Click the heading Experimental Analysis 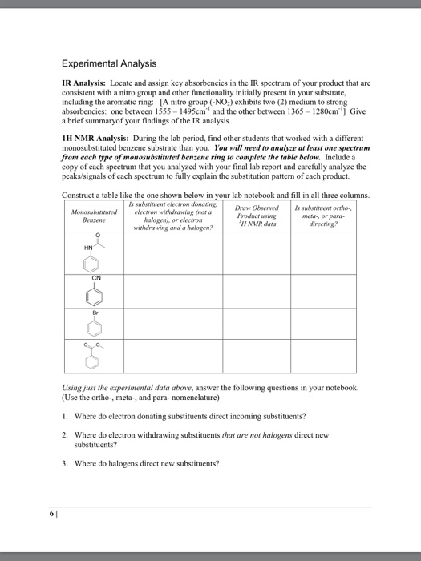pos(108,63)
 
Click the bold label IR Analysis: pos(87,83)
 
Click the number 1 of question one pos(64,417)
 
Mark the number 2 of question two pos(64,434)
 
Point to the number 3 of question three pos(64,463)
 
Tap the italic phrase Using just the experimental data pos(120,386)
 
